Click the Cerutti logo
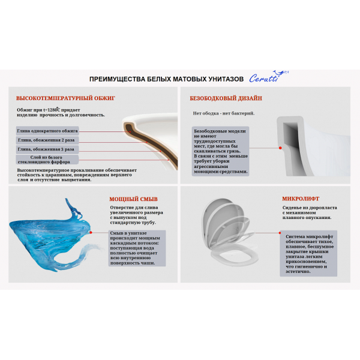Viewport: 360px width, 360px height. pos(269,77)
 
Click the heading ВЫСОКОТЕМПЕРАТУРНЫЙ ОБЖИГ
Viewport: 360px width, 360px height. pos(65,98)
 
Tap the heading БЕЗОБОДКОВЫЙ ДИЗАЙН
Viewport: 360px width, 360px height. pos(226,98)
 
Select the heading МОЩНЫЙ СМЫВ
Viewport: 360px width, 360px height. pos(133,199)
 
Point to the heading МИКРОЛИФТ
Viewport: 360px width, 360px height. pos(301,199)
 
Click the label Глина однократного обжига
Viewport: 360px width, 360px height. pos(47,131)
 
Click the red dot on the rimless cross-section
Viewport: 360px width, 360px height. pos(280,148)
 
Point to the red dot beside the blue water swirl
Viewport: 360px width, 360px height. pos(91,233)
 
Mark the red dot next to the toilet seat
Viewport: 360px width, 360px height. pos(280,233)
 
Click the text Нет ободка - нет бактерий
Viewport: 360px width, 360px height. pos(224,113)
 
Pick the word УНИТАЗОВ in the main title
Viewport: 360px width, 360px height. pos(226,79)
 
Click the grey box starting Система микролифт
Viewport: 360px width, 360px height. pos(308,253)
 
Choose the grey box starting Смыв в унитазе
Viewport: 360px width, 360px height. pos(137,248)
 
